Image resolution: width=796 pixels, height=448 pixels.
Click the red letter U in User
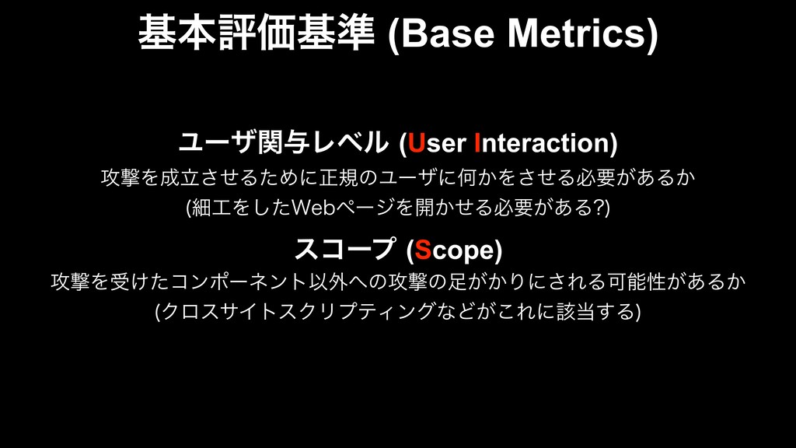pyautogui.click(x=417, y=143)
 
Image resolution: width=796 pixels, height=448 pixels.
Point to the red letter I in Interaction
pyautogui.click(x=477, y=143)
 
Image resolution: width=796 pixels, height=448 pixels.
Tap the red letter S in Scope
pyautogui.click(x=423, y=250)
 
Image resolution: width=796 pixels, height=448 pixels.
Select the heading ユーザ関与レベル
pyautogui.click(x=283, y=143)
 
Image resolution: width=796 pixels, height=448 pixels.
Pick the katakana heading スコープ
pyautogui.click(x=344, y=250)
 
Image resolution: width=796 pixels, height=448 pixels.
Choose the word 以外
pyautogui.click(x=329, y=282)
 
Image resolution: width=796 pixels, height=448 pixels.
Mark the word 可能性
pyautogui.click(x=636, y=282)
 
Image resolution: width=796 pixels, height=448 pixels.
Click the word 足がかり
pyautogui.click(x=488, y=282)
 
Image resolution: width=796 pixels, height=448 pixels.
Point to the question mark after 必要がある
pyautogui.click(x=599, y=207)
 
